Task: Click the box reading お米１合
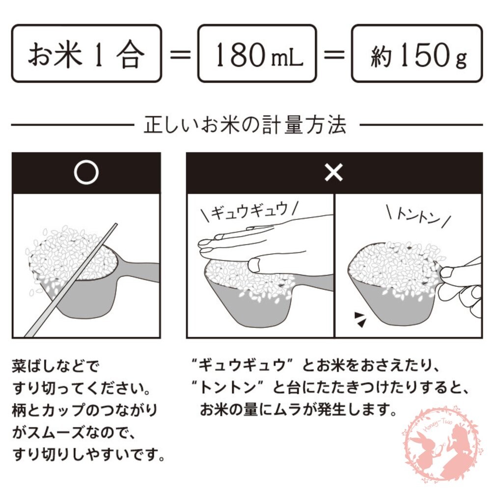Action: point(86,54)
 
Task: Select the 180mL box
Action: point(257,54)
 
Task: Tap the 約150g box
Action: point(417,54)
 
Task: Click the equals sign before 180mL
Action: point(179,54)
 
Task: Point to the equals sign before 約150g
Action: point(334,54)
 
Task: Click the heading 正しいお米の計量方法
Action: point(245,126)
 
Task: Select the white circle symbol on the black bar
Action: point(86,172)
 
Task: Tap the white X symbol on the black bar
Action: point(334,173)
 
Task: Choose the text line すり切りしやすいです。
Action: point(88,454)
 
